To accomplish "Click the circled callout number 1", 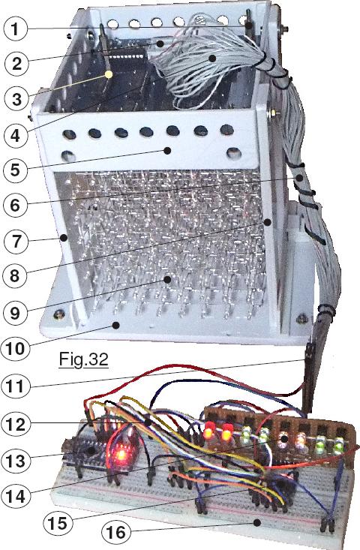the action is [x=16, y=29].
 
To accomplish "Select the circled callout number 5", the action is [x=15, y=170].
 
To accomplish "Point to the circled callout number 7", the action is [x=16, y=242].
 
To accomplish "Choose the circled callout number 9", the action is [x=14, y=313].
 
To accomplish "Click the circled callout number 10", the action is [x=16, y=348].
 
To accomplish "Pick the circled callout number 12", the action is [x=15, y=425].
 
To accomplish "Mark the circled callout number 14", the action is [x=16, y=496].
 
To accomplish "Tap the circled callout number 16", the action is [x=116, y=533].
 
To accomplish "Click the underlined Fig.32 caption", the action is [x=84, y=359].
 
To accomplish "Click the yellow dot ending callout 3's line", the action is [x=109, y=74].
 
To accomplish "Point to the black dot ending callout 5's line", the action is [x=167, y=151].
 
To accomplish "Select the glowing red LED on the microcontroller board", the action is [x=121, y=454].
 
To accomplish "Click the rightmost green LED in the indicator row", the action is [x=337, y=446].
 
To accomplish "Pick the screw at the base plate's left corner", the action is [x=59, y=314].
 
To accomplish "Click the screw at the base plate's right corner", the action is [x=301, y=318].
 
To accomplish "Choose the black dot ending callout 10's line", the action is [x=115, y=325].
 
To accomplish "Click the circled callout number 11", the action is [x=15, y=386].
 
